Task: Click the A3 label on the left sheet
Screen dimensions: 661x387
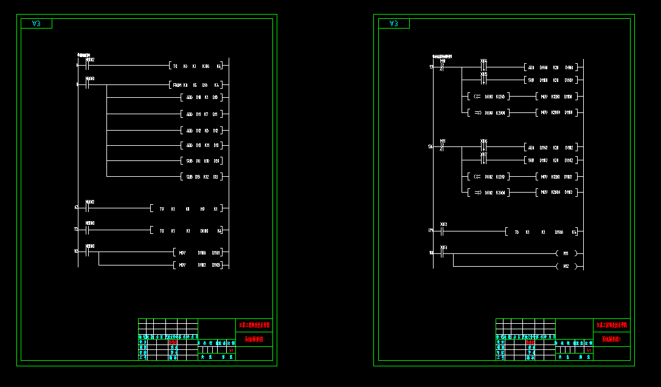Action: pyautogui.click(x=36, y=24)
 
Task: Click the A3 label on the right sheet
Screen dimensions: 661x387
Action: pyautogui.click(x=393, y=24)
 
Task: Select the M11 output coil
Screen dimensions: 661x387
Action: pyautogui.click(x=566, y=253)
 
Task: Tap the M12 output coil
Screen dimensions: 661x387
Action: pyautogui.click(x=566, y=266)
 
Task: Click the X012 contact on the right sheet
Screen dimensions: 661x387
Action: pyautogui.click(x=443, y=231)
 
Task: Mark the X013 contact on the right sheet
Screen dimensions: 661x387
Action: pyautogui.click(x=443, y=253)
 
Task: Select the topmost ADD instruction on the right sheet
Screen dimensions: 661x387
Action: pyautogui.click(x=550, y=67)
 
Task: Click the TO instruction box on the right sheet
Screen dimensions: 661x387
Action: pyautogui.click(x=541, y=232)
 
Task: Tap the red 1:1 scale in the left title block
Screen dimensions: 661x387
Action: pyautogui.click(x=231, y=351)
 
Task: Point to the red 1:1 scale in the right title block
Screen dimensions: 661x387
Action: pyautogui.click(x=589, y=351)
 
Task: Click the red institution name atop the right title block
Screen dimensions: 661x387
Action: pyautogui.click(x=611, y=326)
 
